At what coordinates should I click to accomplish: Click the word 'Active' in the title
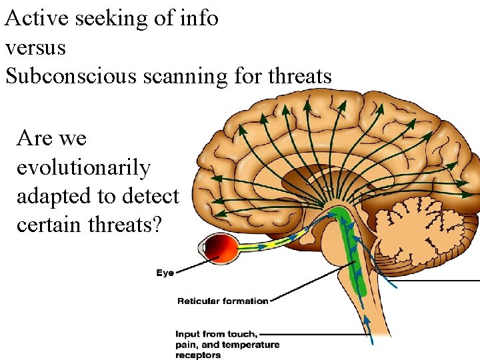coord(37,18)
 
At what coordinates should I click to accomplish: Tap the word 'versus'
coord(35,47)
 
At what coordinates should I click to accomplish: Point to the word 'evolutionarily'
coord(83,167)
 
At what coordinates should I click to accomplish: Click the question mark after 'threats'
coord(157,225)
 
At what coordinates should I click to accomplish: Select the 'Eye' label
coord(166,272)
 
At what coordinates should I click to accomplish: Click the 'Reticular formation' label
coord(223,301)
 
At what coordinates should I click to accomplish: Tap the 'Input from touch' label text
coord(217,334)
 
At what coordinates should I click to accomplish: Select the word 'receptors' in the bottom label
coord(198,355)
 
